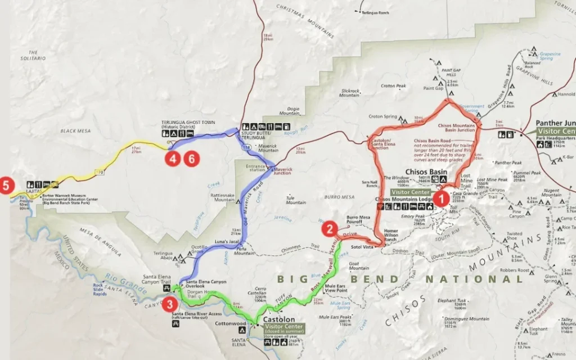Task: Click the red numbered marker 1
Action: (x=441, y=197)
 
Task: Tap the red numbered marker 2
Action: (x=330, y=228)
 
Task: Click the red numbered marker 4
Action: (x=173, y=159)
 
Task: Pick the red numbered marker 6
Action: (x=191, y=159)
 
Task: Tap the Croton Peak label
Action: (x=393, y=86)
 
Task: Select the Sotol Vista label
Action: (x=363, y=246)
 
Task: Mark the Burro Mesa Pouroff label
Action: (x=358, y=219)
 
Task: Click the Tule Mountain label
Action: (x=296, y=200)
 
